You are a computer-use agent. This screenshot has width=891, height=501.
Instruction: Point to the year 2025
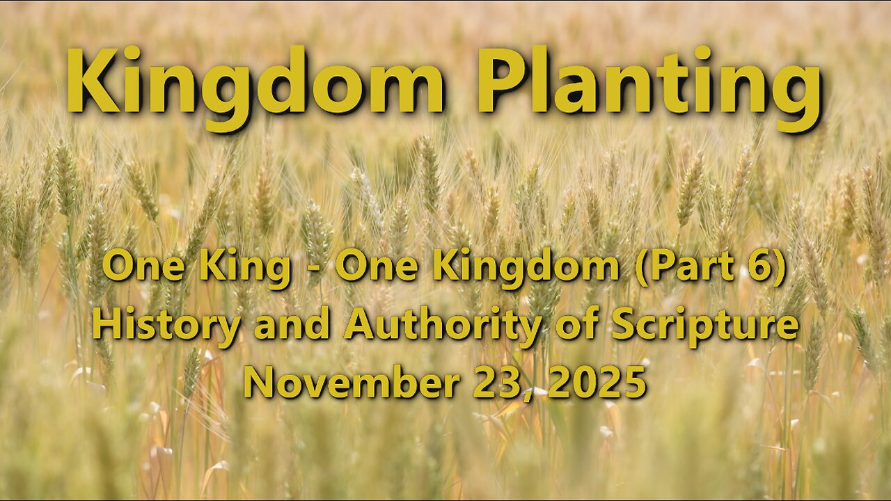(597, 383)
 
